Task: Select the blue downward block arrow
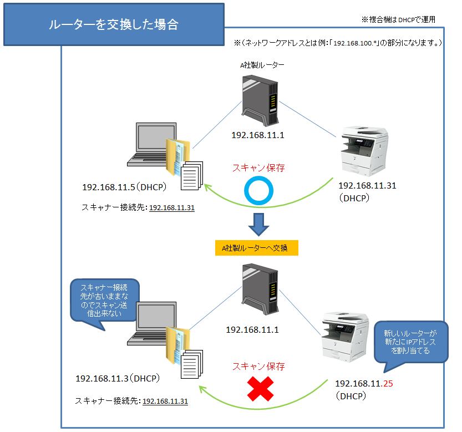tap(258, 223)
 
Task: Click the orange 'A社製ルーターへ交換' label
tap(257, 248)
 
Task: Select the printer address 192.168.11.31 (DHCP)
tap(367, 191)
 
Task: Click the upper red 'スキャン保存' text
tap(258, 167)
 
